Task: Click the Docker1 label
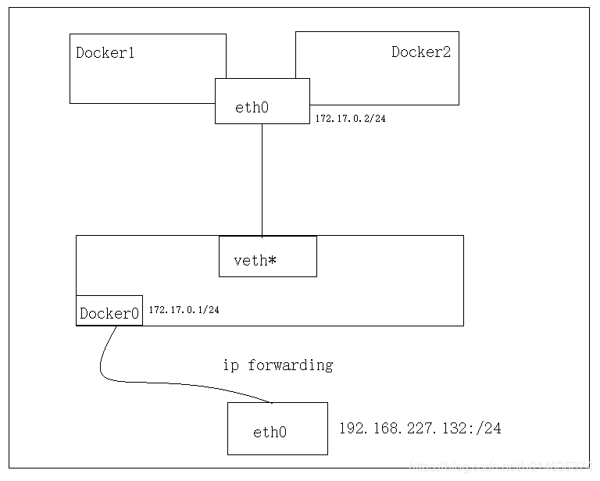tap(105, 53)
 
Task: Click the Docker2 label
tap(421, 52)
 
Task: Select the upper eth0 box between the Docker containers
tap(262, 101)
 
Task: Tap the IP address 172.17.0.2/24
tap(352, 119)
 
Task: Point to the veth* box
tap(267, 256)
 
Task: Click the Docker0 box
tap(109, 311)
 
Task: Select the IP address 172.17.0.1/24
tap(184, 310)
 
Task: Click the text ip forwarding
tap(277, 365)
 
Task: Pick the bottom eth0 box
tap(277, 429)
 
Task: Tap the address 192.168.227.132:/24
tap(420, 429)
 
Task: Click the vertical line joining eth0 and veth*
tap(262, 180)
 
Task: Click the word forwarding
tap(291, 365)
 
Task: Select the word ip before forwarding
tap(230, 365)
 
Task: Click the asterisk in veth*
tap(272, 260)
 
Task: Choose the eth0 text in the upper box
tap(252, 108)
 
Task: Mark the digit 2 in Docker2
tap(445, 52)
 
